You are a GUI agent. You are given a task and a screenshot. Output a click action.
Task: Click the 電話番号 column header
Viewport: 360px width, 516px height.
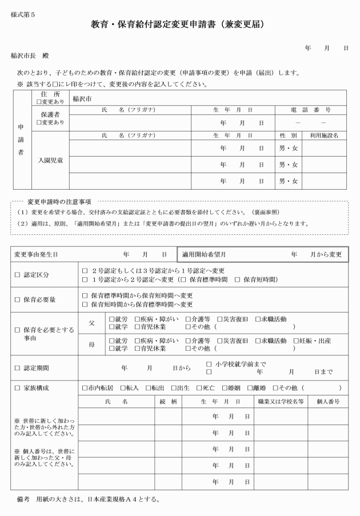[x=311, y=109]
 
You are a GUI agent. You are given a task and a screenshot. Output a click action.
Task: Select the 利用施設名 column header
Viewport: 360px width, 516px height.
[x=325, y=135]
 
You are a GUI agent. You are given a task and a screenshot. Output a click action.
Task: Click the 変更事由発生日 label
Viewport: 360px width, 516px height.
[x=36, y=254]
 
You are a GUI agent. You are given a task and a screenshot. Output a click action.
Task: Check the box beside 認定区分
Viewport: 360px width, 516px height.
[x=17, y=275]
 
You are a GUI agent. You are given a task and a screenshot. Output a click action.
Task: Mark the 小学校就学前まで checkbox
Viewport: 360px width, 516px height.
[x=208, y=363]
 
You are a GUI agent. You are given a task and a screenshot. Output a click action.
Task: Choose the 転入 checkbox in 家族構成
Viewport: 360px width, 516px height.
[x=125, y=388]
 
